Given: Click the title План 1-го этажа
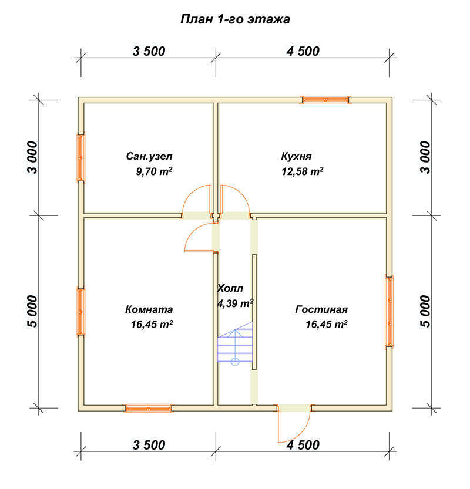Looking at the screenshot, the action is click(x=235, y=19).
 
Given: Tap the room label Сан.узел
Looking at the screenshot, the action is click(x=149, y=156).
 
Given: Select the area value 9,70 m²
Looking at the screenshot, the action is click(x=154, y=171).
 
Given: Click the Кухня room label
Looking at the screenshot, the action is click(x=296, y=156).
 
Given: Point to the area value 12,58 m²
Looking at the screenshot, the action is click(x=302, y=171).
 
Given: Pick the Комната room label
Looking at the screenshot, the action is click(x=149, y=309).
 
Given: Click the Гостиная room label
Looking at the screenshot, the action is click(x=321, y=309).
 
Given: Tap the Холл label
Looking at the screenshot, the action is click(x=230, y=288).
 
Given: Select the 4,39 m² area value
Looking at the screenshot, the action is click(x=235, y=303).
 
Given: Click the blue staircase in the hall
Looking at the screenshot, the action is click(x=235, y=343).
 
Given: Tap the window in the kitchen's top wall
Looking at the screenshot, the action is click(x=325, y=100).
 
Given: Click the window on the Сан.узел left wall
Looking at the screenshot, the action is click(x=81, y=158).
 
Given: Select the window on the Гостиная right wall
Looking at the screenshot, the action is click(x=390, y=312).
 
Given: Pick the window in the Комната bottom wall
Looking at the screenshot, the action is click(x=149, y=408).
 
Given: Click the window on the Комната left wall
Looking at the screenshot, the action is click(x=81, y=312).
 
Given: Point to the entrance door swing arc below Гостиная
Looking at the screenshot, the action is click(x=302, y=433).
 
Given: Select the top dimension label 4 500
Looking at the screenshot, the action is click(x=303, y=52).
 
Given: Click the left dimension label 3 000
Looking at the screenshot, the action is click(x=32, y=157).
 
